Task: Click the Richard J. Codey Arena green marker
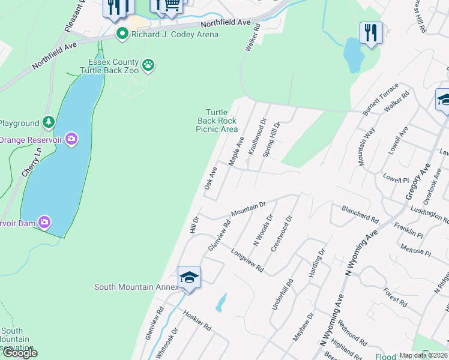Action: pos(123,34)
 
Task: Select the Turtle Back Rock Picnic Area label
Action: pos(217,121)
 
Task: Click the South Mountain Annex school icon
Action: pos(189,277)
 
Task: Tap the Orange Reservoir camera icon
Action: pos(71,140)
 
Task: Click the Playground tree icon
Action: pos(48,123)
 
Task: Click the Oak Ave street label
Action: pos(209,178)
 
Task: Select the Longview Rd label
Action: pos(247,260)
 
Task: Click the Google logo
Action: pos(19,353)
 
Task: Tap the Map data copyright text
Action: pos(424,355)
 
